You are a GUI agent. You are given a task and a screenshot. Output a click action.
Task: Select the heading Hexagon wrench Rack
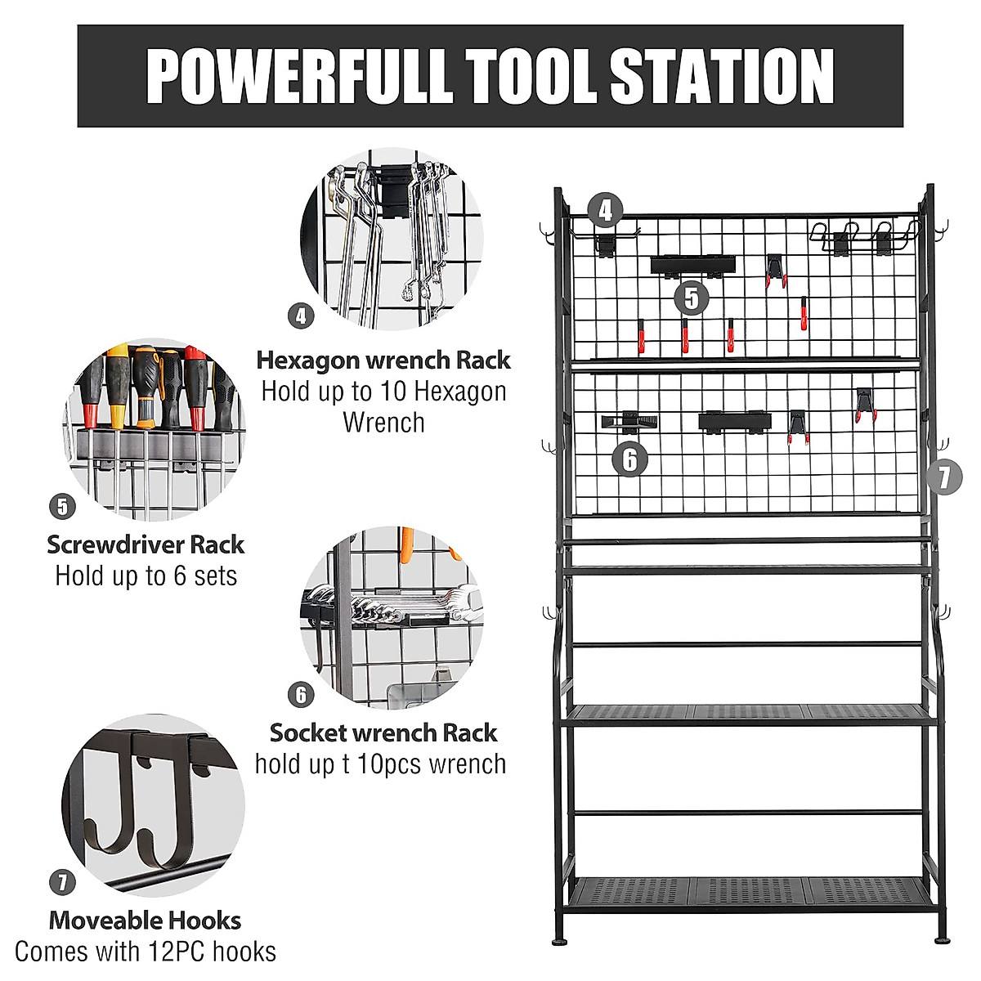383,360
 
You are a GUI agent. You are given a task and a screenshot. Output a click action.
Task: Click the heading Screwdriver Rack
146,544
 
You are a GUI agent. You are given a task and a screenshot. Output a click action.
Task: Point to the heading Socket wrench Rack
383,732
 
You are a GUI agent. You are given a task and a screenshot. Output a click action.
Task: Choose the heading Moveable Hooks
146,921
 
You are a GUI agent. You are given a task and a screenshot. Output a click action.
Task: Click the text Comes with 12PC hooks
146,952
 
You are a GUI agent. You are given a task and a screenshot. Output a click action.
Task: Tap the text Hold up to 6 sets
146,576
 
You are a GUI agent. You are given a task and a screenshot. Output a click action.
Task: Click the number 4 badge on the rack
605,211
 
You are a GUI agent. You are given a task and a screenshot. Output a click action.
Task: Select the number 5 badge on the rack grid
692,298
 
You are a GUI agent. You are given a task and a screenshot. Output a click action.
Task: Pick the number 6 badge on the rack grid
629,459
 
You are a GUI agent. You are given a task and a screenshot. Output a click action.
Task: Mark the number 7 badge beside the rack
944,476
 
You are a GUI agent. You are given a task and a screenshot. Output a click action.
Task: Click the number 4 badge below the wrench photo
302,315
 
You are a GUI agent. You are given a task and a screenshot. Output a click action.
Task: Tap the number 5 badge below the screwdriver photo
63,507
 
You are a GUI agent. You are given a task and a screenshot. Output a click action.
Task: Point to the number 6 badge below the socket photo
302,694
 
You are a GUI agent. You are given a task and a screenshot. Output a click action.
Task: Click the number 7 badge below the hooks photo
63,883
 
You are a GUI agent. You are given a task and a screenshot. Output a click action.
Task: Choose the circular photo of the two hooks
153,805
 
